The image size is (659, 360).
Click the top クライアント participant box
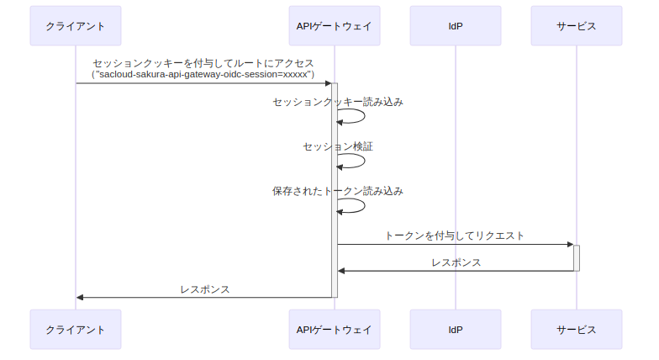coord(76,26)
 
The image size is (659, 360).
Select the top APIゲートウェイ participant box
coord(334,26)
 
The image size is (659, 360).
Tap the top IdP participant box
coord(456,26)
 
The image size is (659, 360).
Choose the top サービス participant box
coord(577,26)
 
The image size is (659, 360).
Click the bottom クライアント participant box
coord(76,329)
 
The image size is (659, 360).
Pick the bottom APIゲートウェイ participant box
coord(334,329)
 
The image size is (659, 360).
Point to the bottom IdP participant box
coord(456,329)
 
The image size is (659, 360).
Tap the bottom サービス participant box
coord(577,329)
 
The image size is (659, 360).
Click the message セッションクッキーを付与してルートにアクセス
coord(203,63)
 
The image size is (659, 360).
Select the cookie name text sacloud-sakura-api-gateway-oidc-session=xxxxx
coord(203,75)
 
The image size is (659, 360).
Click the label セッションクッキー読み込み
coord(338,103)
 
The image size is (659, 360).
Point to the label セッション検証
coord(338,146)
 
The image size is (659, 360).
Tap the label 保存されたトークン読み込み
coord(338,191)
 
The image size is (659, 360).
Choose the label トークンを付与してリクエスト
coord(455,236)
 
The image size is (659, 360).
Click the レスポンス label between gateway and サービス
coord(456,262)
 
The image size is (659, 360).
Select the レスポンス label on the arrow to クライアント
coord(205,289)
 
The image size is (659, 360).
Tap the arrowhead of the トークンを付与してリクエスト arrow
coord(569,245)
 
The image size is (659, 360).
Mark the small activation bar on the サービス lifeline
coord(577,257)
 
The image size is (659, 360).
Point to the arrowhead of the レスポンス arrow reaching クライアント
coord(81,297)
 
